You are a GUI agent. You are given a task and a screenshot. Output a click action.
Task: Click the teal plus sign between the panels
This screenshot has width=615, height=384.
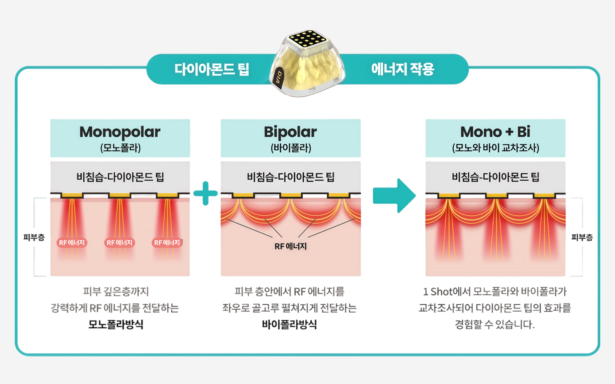[206, 193]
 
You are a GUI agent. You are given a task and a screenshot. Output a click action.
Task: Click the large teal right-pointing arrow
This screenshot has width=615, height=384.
[395, 196]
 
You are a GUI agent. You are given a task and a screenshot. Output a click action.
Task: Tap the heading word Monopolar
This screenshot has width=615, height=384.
[120, 132]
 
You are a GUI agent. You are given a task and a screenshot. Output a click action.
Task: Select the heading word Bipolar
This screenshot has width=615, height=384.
[290, 132]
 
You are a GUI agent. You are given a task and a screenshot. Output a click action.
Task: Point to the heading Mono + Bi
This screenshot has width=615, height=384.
[495, 132]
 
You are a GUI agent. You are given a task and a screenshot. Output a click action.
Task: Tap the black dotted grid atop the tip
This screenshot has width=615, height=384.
[307, 39]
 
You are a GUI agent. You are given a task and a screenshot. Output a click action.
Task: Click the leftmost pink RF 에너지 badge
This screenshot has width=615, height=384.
[72, 243]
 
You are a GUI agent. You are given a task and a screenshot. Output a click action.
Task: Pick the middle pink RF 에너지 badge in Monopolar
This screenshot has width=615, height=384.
[119, 243]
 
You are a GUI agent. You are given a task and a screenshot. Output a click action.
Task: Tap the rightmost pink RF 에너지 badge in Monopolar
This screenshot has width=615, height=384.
[167, 243]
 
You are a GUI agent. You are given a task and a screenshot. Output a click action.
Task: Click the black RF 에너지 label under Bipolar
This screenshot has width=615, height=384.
[291, 246]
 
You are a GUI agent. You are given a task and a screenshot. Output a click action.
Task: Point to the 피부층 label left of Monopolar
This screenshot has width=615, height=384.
[34, 237]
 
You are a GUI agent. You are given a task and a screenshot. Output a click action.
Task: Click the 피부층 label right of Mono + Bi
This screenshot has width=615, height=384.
[582, 237]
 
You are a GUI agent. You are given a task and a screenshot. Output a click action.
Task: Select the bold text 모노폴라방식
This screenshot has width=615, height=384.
[116, 324]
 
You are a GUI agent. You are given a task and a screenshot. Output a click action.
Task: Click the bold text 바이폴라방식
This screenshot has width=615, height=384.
[289, 324]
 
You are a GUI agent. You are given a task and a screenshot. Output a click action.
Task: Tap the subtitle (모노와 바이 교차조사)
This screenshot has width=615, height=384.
[496, 148]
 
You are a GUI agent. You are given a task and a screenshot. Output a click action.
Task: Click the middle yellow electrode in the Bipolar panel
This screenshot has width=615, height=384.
[291, 195]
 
